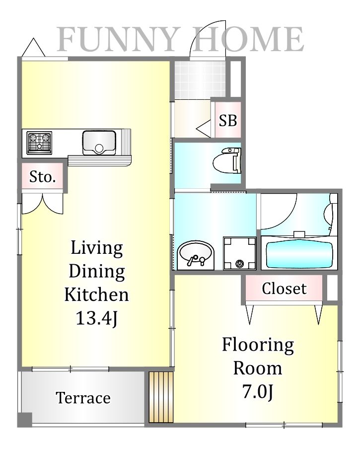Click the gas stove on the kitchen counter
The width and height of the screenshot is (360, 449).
pos(39,143)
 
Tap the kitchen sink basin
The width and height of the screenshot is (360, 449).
pos(99,143)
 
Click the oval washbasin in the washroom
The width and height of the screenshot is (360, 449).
pos(196,255)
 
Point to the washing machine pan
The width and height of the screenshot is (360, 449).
pos(240,253)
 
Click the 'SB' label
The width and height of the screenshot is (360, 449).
pos(228,121)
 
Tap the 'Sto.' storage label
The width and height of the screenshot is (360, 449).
pos(42,177)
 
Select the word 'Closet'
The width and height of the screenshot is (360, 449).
pos(284,289)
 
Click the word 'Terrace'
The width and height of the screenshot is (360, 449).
pos(83,398)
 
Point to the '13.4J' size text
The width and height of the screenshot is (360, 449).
pos(96,318)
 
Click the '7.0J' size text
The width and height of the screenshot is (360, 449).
pos(258,391)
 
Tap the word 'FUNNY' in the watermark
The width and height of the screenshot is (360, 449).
pos(115,39)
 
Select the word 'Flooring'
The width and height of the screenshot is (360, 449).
pos(258,346)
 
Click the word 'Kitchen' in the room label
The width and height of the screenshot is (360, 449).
pos(96,295)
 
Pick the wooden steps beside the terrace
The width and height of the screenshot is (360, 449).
pos(161,397)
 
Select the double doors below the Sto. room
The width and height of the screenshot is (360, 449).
pos(42,204)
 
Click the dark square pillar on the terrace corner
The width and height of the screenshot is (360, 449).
pos(25,420)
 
